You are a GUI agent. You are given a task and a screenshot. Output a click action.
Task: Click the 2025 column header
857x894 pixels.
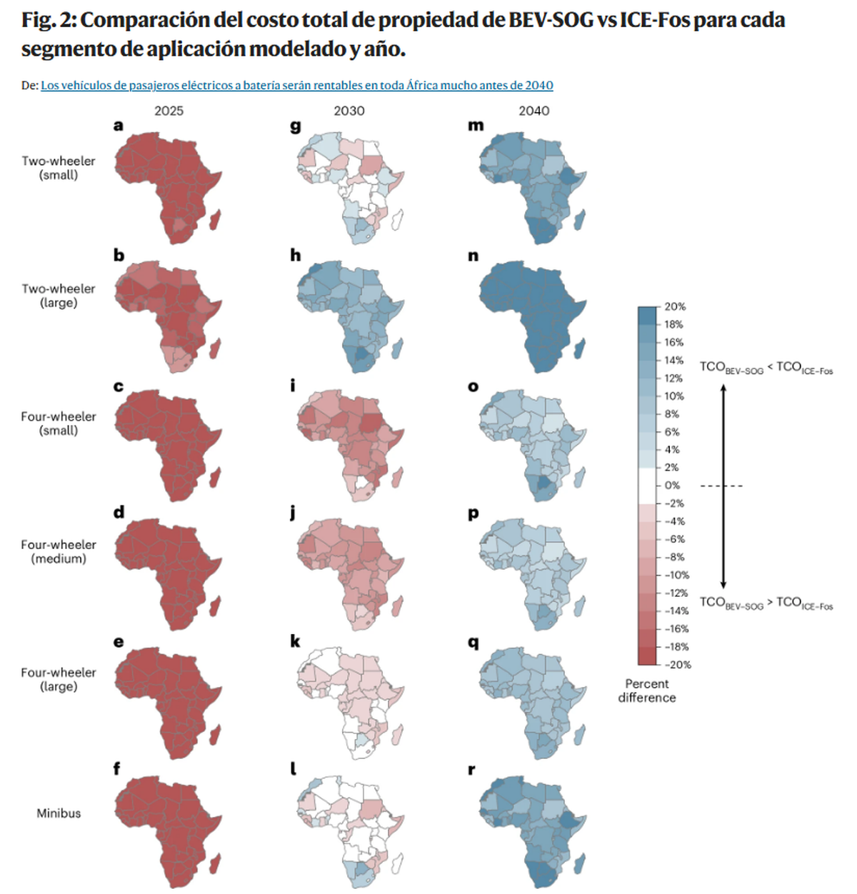point(169,111)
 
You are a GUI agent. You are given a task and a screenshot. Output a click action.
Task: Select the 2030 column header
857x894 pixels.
point(349,111)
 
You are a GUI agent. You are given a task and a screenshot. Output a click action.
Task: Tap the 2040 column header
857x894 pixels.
point(534,111)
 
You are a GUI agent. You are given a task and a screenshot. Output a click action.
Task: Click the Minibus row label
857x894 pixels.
point(59,813)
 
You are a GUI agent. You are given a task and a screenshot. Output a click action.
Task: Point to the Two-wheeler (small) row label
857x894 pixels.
point(59,168)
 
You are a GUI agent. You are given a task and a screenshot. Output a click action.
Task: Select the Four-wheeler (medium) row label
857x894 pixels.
point(59,551)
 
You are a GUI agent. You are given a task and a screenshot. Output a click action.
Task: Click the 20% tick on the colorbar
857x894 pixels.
point(675,307)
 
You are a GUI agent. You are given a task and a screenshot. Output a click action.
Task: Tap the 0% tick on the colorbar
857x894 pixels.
point(673,486)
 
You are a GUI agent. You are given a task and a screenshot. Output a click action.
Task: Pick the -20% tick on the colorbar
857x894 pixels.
point(677,665)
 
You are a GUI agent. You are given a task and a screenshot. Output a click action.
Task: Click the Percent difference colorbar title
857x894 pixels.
point(647,690)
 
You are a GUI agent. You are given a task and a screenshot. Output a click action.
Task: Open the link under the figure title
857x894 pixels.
point(296,86)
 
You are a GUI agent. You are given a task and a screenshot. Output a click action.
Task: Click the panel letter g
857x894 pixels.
point(296,126)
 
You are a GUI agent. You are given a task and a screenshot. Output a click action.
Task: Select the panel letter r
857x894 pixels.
point(472,770)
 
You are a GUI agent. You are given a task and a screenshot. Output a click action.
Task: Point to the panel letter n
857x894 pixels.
point(473,256)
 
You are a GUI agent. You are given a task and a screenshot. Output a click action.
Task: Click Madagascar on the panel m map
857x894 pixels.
point(580,219)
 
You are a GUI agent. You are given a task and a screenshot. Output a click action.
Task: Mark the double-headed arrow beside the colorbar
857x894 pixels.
point(723,486)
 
